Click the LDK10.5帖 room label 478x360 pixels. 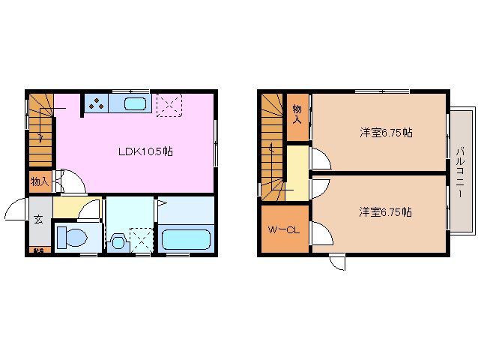[x=145, y=151]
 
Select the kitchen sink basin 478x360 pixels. [x=136, y=105]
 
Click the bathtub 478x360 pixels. [x=184, y=240]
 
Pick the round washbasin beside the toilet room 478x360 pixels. [x=118, y=242]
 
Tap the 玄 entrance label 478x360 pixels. [x=37, y=220]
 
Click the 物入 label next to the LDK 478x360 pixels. [x=39, y=181]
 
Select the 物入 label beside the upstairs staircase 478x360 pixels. [x=297, y=114]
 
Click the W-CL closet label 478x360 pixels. [x=284, y=230]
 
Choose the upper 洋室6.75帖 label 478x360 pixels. [x=385, y=133]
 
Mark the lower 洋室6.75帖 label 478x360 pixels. [x=385, y=212]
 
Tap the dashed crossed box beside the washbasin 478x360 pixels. [x=140, y=239]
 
